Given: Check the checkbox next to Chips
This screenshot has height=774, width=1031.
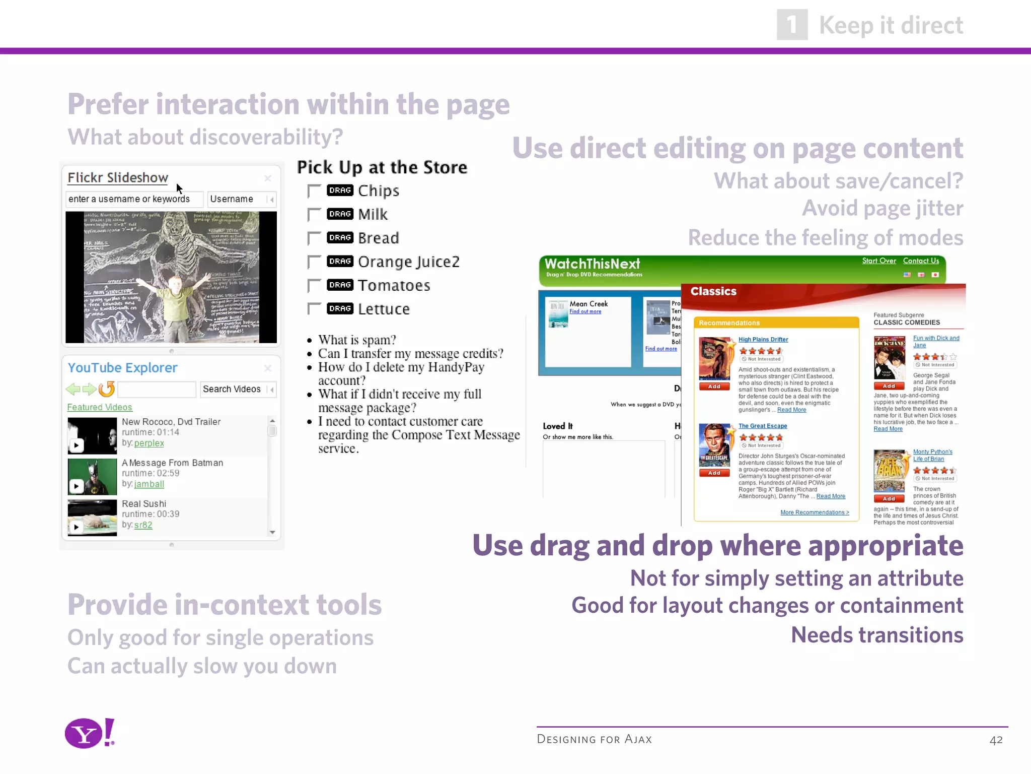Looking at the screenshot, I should pos(314,191).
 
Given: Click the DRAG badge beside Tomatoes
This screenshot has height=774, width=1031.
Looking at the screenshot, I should pos(340,285).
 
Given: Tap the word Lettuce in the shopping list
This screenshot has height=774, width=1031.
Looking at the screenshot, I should pos(384,309).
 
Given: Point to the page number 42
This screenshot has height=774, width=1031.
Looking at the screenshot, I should pos(996,740).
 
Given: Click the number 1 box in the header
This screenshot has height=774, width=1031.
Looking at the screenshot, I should pos(792,25).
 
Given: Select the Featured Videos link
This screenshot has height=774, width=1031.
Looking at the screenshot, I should pos(100,407).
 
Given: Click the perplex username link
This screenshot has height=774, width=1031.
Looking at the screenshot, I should pos(149,443).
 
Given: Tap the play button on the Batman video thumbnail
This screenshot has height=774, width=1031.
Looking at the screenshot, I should pos(76,486).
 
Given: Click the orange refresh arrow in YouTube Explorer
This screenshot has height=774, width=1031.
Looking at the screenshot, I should pos(107,389).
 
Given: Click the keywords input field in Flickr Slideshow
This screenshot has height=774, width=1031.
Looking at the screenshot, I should pos(134,199).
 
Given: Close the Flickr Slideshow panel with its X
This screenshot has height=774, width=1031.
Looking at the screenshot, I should pos(268,178).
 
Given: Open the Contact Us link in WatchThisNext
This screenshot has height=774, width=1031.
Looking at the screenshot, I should pos(921,261).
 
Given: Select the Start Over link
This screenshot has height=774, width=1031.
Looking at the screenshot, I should pos(879,261).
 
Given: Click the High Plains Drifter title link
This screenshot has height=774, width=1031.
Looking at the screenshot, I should pos(763,340).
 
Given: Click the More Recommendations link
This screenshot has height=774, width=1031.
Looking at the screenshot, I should pos(815,512).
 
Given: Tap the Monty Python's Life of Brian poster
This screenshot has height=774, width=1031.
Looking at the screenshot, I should pos(890,471).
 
